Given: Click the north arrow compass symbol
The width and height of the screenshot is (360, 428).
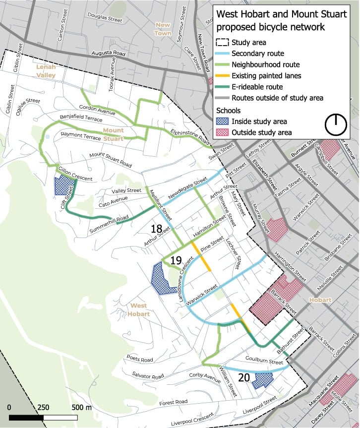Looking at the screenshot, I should (336, 124).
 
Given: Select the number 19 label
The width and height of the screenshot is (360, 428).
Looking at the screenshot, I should (176, 260).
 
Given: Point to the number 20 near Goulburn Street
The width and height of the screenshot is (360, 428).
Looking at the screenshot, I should (243, 377).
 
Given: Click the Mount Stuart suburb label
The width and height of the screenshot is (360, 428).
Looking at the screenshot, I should (113, 134).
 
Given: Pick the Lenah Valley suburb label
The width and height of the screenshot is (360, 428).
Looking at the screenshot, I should (46, 71).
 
